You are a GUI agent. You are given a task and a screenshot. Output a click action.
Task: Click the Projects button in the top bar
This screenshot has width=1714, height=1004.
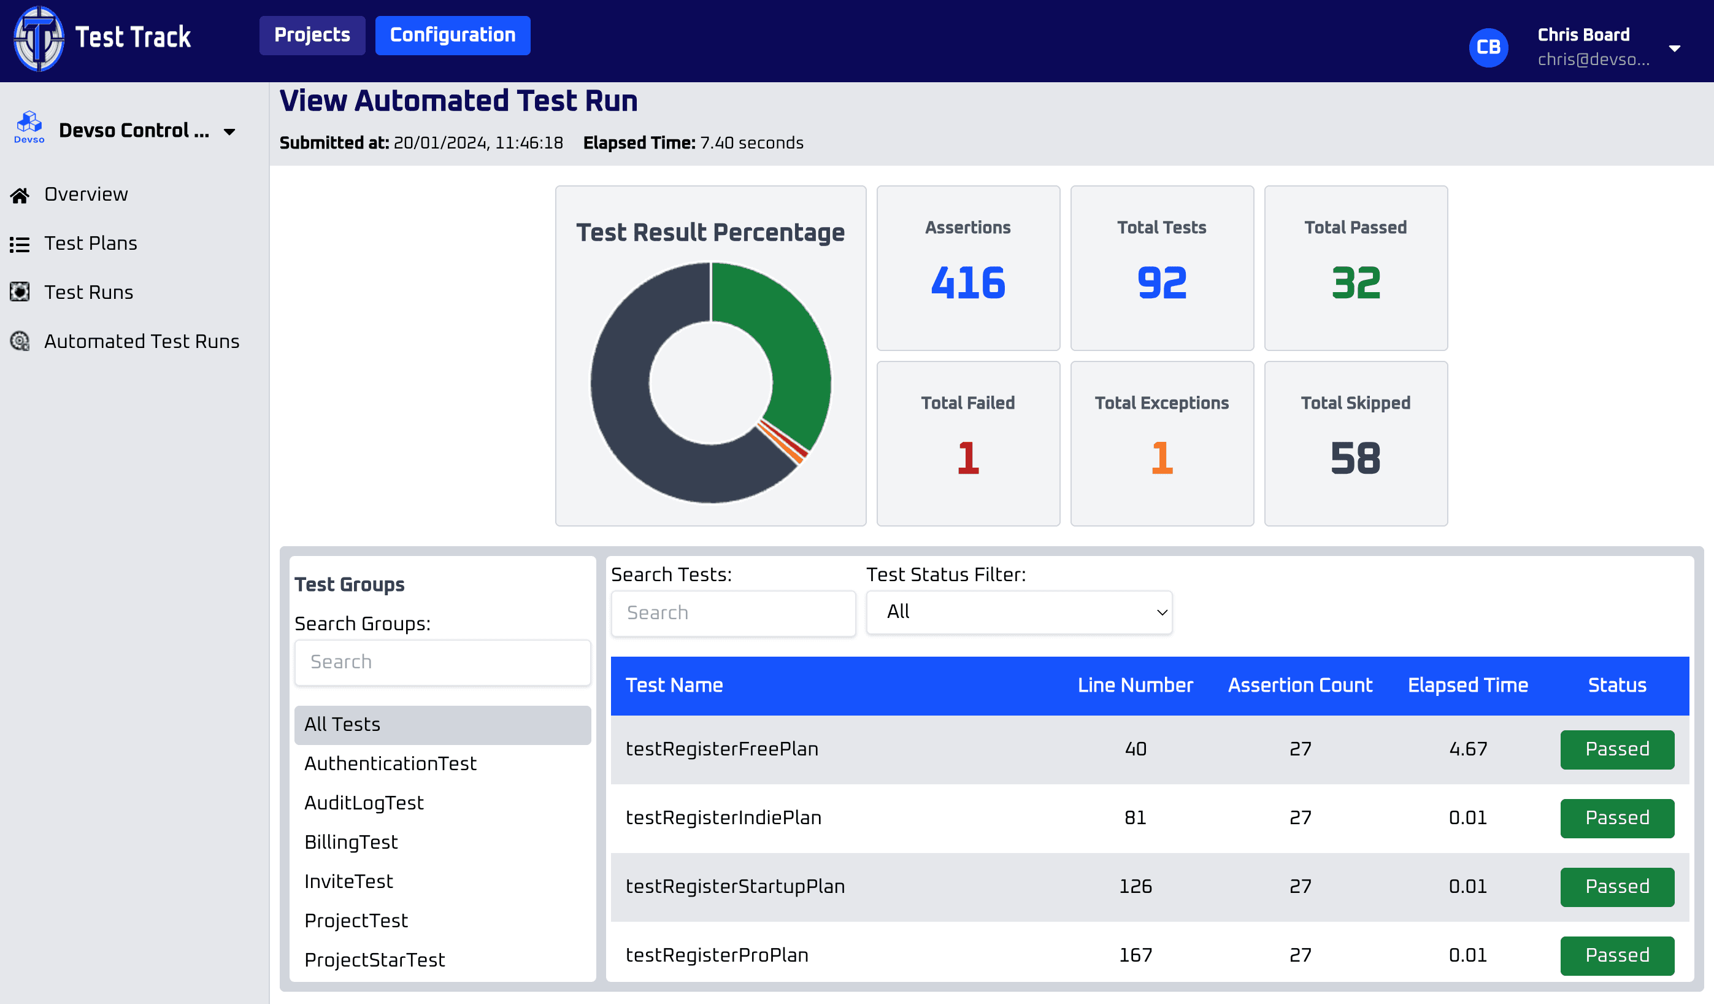point(312,36)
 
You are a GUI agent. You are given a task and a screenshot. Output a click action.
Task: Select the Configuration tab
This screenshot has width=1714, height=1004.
point(452,36)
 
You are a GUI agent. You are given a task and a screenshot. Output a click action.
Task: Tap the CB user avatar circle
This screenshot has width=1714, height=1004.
point(1488,48)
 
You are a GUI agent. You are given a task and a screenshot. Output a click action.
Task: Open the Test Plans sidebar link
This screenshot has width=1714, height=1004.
point(90,244)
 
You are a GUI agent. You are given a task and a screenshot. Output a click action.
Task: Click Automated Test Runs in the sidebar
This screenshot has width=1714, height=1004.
point(142,341)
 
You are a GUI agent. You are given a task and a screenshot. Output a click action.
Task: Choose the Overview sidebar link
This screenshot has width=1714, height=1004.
point(86,195)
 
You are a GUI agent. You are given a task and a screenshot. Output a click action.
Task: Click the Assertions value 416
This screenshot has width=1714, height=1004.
point(968,283)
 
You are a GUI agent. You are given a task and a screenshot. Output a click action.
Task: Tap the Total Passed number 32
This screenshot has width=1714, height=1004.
point(1356,283)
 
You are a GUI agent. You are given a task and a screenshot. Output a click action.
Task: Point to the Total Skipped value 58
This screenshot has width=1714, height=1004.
point(1356,458)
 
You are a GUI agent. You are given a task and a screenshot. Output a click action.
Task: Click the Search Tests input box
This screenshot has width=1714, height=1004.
point(732,614)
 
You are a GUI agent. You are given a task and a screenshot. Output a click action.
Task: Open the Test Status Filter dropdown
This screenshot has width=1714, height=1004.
point(1019,612)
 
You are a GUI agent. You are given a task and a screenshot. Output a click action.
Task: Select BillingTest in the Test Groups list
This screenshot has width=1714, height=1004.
point(351,842)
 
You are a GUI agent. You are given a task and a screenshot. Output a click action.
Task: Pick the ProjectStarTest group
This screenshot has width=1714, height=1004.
point(375,960)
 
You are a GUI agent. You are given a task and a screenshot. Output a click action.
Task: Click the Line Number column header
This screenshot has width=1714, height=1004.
point(1135,685)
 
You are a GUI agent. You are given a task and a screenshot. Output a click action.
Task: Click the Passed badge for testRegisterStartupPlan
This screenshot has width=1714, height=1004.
point(1616,887)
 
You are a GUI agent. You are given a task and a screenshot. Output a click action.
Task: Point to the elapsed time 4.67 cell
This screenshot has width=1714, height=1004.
point(1468,749)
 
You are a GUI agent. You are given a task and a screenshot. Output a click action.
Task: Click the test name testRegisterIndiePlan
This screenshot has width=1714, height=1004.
point(724,817)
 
